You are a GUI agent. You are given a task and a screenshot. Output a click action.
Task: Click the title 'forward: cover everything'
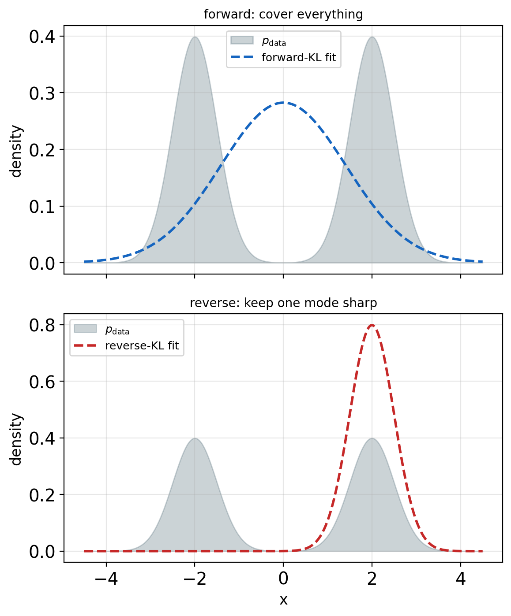(283, 14)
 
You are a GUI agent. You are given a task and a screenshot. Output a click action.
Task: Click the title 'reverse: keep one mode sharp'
(283, 303)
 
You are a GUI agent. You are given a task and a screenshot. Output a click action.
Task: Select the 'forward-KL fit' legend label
(299, 57)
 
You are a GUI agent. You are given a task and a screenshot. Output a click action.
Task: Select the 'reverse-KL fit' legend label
(142, 345)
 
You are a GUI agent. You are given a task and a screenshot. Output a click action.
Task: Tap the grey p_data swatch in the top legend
(242, 40)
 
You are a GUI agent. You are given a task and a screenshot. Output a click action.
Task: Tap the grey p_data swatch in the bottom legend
(86, 329)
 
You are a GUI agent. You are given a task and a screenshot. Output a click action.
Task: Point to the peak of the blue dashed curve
(283, 103)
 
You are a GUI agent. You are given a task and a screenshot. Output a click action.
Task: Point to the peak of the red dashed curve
(372, 325)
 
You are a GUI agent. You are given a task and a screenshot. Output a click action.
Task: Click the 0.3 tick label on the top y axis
(42, 93)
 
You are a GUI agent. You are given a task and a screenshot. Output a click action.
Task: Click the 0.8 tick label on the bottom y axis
(42, 325)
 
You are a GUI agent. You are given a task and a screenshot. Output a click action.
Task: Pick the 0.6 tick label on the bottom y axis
(42, 382)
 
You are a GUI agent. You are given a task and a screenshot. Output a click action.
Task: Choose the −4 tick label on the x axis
(106, 579)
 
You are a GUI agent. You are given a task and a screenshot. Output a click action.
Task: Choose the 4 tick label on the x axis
(460, 579)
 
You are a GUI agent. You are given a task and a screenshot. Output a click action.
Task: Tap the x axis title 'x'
(283, 600)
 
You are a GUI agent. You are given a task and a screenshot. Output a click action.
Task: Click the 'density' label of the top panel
(16, 151)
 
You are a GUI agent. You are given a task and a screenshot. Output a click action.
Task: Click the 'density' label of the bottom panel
(16, 439)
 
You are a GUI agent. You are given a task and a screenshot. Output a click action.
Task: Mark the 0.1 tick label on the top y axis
(42, 207)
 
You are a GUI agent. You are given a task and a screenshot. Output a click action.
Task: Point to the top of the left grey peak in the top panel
(195, 37)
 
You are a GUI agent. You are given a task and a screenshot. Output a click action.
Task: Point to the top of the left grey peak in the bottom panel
(195, 438)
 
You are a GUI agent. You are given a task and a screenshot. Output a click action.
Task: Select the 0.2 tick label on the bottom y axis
(42, 495)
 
